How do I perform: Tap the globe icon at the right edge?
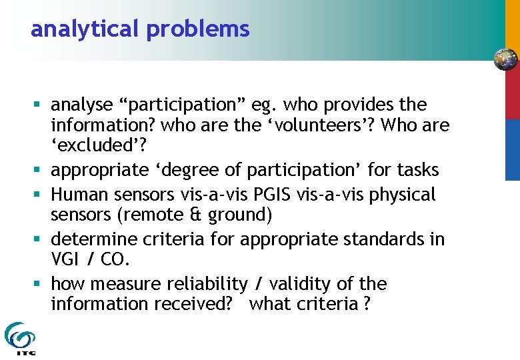pyautogui.click(x=505, y=59)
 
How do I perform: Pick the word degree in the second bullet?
pyautogui.click(x=187, y=171)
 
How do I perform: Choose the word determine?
pyautogui.click(x=91, y=239)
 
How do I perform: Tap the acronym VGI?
pyautogui.click(x=66, y=259)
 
